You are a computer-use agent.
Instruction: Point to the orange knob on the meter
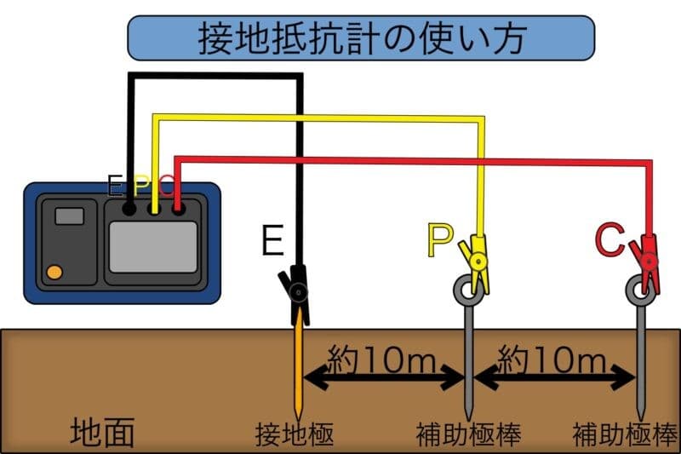coord(54,273)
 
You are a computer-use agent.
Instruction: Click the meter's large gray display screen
coord(153,247)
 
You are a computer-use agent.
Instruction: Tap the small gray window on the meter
coord(69,216)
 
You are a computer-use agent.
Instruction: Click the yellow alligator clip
coord(475,259)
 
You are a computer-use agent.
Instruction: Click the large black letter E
coord(272,242)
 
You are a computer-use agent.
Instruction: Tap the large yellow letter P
coord(440,242)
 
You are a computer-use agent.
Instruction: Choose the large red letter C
coord(610,242)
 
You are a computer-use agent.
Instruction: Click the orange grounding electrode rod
coord(297,366)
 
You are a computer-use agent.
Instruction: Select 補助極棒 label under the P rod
coord(468,434)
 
